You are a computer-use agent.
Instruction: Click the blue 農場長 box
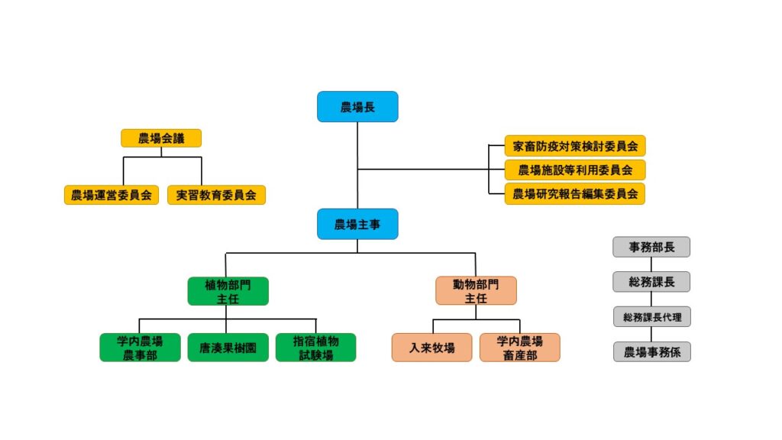click(357, 107)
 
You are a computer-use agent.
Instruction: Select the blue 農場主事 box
click(357, 224)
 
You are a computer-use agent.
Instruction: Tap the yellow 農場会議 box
click(161, 138)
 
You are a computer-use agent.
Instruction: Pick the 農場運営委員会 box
click(110, 195)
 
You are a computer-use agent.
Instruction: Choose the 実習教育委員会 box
click(216, 195)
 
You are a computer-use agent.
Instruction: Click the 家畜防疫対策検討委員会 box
click(575, 145)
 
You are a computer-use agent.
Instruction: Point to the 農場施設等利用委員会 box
click(575, 170)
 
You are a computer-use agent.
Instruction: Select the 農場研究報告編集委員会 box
click(575, 194)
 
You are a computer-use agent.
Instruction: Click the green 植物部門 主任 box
click(228, 291)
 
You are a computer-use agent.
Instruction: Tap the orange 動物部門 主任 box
click(476, 291)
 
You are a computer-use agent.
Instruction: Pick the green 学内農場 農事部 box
click(140, 348)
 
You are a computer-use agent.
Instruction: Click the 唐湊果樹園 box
click(228, 348)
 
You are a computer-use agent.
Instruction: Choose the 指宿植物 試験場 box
click(315, 348)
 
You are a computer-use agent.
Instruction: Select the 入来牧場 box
click(431, 348)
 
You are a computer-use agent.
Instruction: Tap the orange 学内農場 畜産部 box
click(519, 348)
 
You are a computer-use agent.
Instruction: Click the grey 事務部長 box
click(651, 247)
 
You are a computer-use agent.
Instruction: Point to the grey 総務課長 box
click(651, 282)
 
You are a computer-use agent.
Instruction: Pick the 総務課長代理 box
click(651, 316)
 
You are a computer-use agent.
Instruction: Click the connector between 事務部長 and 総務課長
click(651, 264)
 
